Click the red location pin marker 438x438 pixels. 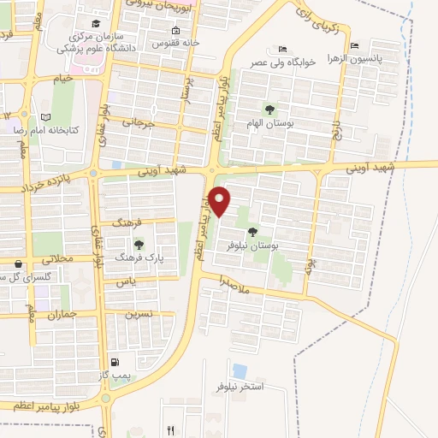click(x=221, y=201)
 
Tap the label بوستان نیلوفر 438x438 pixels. click(x=230, y=245)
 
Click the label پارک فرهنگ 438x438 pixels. click(x=139, y=257)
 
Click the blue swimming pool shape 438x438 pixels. click(x=240, y=371)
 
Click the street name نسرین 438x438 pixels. click(x=139, y=313)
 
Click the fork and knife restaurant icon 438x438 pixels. click(x=170, y=430)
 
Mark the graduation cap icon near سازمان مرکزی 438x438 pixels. click(x=96, y=23)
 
